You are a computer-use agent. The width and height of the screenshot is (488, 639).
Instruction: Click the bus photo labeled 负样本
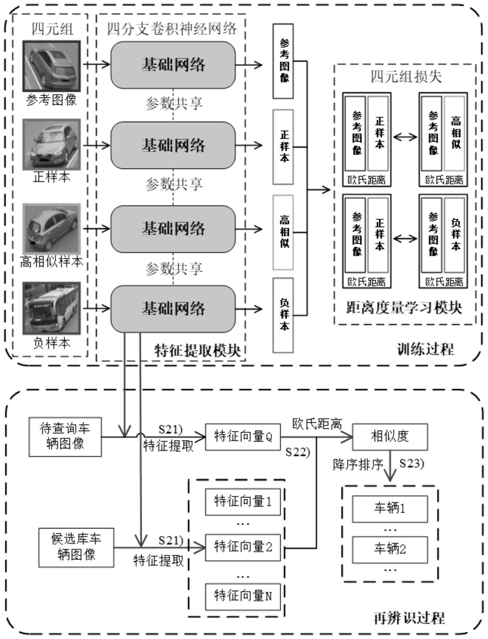point(52,308)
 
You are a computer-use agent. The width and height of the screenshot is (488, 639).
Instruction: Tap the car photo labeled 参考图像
point(52,66)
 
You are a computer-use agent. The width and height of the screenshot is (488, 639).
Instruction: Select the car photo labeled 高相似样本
point(52,229)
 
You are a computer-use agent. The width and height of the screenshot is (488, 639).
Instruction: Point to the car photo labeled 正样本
point(52,145)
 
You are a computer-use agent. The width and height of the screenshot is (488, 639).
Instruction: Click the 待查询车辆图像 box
point(65,436)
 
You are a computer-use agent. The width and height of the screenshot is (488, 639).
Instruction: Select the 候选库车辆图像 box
point(76,548)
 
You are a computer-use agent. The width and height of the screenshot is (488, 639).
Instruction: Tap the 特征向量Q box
point(243,437)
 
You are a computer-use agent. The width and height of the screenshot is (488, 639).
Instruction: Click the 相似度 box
point(389,437)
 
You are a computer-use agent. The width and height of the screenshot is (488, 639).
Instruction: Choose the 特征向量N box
point(243,596)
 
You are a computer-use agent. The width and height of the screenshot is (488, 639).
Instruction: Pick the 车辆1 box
point(390,508)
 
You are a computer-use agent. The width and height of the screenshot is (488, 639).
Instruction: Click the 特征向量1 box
point(243,502)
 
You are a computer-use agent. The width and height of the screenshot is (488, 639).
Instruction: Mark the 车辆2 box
point(390,549)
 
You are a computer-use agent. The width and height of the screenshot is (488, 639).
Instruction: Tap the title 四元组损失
point(406,77)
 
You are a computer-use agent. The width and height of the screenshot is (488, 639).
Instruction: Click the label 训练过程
point(426,349)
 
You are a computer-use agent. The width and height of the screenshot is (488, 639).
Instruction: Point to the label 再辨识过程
point(409,618)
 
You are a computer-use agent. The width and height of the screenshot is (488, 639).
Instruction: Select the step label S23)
point(411,463)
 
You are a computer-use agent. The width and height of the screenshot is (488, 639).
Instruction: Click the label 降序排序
point(358,464)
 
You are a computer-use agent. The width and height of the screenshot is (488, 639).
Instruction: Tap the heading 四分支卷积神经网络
point(171,28)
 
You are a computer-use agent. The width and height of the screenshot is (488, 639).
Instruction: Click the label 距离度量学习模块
point(404,308)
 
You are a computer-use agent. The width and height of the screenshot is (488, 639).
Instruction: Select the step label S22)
point(297,452)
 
